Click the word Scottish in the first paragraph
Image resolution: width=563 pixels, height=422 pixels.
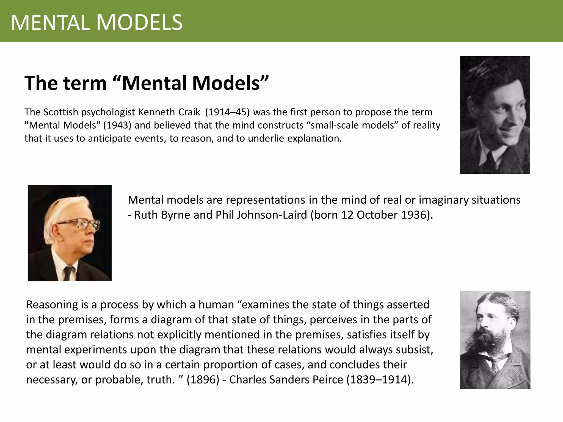tap(61, 112)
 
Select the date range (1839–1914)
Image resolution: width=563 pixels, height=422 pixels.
tap(380, 380)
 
